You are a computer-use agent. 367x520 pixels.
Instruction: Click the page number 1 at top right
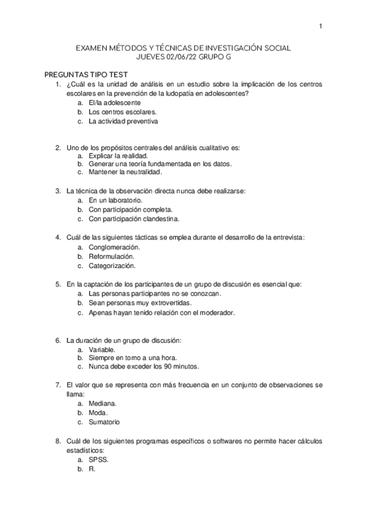(x=320, y=26)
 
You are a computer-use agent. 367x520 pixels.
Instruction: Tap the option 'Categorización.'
(x=112, y=266)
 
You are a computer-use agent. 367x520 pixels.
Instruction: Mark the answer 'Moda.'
(x=99, y=413)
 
